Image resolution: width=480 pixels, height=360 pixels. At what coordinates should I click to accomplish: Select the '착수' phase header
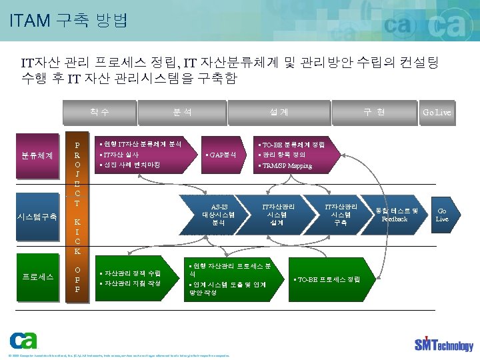coord(101,112)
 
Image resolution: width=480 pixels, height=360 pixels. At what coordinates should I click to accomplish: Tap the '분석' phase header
coord(182,112)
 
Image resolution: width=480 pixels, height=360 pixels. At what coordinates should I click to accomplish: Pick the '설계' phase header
coord(279,112)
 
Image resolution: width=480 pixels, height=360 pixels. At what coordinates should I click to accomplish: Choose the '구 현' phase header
coord(373,112)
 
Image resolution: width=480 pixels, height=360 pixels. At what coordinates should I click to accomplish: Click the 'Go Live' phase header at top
coord(437,112)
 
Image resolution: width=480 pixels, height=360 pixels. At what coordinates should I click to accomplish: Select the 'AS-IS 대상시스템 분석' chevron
coord(219,215)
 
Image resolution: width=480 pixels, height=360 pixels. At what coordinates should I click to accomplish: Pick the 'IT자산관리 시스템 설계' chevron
coord(278,215)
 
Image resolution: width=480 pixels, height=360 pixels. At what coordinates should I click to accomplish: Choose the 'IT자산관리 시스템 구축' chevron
coord(340,215)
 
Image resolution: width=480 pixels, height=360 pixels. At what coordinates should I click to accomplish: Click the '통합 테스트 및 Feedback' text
coord(396,215)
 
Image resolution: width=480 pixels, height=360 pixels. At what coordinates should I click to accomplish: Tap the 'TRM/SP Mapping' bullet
coord(287,165)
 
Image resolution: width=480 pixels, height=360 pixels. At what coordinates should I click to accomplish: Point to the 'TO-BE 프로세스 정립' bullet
coord(327,279)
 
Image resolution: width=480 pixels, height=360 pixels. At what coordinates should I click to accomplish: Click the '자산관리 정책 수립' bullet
coord(131,273)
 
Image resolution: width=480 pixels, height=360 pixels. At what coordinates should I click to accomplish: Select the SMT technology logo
coord(443,343)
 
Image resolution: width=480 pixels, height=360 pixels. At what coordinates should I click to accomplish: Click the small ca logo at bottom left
coord(23,341)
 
